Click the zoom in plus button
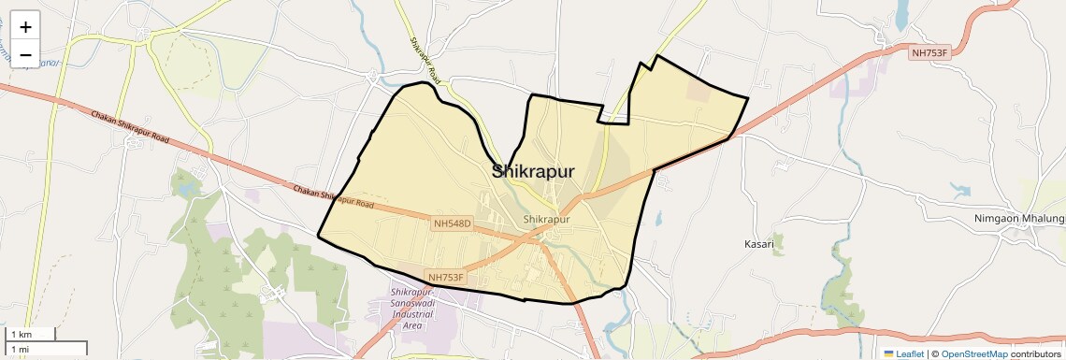coord(25,26)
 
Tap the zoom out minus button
coord(25,55)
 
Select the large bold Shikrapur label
coord(533,170)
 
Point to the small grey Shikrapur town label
coord(547,220)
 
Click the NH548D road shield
coord(453,224)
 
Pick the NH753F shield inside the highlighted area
coord(446,277)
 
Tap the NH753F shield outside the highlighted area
coord(929,53)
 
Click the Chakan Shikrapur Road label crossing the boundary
coord(333,194)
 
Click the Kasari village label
coord(759,244)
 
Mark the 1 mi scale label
coord(20,349)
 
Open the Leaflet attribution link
coord(909,354)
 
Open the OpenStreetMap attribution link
coord(973,354)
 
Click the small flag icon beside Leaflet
coord(888,354)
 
